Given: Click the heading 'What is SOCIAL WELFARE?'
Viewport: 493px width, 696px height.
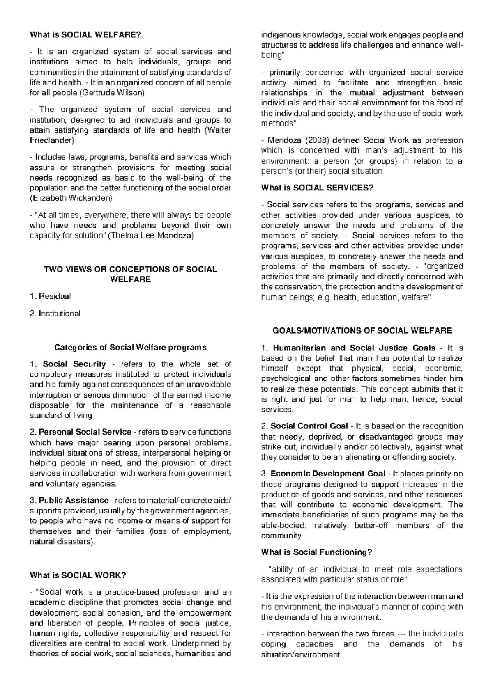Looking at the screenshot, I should coord(85,35).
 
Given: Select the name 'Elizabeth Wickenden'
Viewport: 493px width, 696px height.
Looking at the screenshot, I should coord(71,198).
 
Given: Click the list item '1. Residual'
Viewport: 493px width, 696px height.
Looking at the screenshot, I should coord(51,296).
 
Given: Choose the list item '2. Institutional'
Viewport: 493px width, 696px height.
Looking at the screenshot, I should coord(55,314).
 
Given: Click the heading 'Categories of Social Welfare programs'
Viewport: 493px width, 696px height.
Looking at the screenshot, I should coord(130,348).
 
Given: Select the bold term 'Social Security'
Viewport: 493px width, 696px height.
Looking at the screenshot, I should coord(74,364).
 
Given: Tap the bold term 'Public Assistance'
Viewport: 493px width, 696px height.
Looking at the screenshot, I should coord(74,501).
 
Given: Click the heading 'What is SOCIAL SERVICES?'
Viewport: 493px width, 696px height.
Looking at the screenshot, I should coord(317,188).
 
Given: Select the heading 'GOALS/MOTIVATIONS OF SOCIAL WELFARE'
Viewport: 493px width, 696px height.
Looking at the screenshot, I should coord(362,331).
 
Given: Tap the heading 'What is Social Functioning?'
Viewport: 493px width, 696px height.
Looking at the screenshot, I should coord(316,552).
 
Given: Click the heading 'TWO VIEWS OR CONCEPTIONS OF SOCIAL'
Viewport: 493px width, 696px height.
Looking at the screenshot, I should coord(130,269).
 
